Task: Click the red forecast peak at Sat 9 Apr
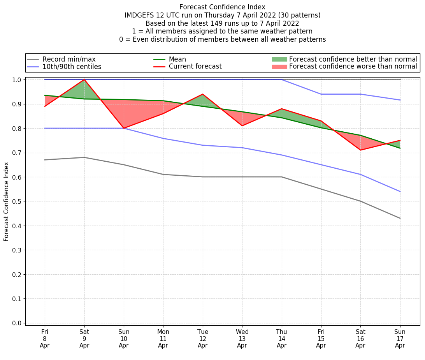pyautogui.click(x=84, y=79)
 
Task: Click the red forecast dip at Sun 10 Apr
pyautogui.click(x=124, y=128)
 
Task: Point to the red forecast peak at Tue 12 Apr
pyautogui.click(x=203, y=94)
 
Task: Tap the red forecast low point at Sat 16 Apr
pyautogui.click(x=361, y=150)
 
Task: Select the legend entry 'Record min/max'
pyautogui.click(x=69, y=59)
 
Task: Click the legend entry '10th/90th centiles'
pyautogui.click(x=72, y=67)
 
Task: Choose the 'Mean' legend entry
pyautogui.click(x=177, y=59)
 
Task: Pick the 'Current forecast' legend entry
pyautogui.click(x=195, y=67)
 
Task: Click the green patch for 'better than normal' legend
pyautogui.click(x=279, y=59)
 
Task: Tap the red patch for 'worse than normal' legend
pyautogui.click(x=279, y=67)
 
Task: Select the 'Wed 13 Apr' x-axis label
pyautogui.click(x=242, y=339)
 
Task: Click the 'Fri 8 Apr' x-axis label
pyautogui.click(x=45, y=339)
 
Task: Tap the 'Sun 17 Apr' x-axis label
pyautogui.click(x=400, y=339)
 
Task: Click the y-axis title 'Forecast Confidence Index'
pyautogui.click(x=6, y=201)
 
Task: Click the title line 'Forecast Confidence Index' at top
pyautogui.click(x=222, y=7)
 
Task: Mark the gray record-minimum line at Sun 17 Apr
pyautogui.click(x=400, y=218)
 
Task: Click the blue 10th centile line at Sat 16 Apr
pyautogui.click(x=361, y=175)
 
